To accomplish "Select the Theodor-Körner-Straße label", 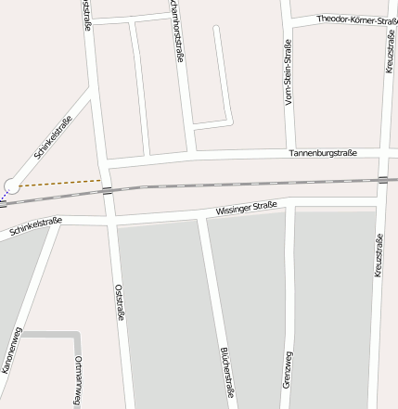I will pyautogui.click(x=356, y=19).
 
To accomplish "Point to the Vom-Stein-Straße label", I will pyautogui.click(x=289, y=73).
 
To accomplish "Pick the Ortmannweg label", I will pyautogui.click(x=78, y=379).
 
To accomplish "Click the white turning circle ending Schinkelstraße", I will pyautogui.click(x=11, y=186).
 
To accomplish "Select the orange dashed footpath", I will pyautogui.click(x=60, y=183).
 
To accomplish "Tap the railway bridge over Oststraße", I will pyautogui.click(x=108, y=191).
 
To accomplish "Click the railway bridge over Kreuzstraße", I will pyautogui.click(x=382, y=179).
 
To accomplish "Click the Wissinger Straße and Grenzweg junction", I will pyautogui.click(x=293, y=205).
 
